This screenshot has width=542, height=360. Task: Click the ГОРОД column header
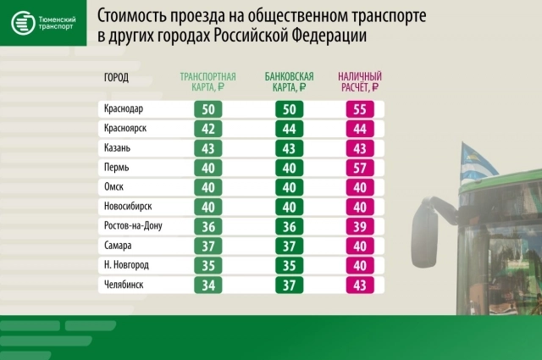coord(116,78)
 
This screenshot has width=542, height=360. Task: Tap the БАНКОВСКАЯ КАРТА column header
coord(288,81)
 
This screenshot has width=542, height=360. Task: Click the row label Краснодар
coord(124,110)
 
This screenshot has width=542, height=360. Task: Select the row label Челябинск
coord(123,285)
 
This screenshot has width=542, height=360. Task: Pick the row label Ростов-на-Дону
coord(132,227)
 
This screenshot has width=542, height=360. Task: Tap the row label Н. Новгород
coord(126,266)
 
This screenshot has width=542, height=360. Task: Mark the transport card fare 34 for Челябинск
coord(207,285)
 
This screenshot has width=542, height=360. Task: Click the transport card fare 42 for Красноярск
coord(207,130)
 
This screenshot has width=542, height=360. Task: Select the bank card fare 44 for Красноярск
coord(289,130)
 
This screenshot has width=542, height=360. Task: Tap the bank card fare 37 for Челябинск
coord(289,285)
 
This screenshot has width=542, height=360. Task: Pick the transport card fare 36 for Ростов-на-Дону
coord(207,227)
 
